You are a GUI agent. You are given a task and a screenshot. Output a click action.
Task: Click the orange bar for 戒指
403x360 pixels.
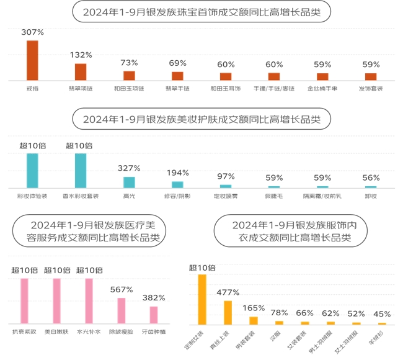(x=32, y=60)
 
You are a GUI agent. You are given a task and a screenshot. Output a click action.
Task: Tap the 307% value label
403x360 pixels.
(x=32, y=32)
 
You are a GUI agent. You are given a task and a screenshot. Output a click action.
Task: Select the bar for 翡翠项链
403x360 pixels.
(x=81, y=72)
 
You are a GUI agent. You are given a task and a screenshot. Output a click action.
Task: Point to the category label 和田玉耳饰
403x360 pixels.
(x=226, y=89)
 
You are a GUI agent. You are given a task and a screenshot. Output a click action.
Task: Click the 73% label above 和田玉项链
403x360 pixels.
(x=129, y=63)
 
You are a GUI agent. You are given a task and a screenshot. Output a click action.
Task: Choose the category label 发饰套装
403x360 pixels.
(x=371, y=89)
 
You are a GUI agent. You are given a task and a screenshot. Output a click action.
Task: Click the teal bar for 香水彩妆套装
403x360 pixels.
(x=81, y=171)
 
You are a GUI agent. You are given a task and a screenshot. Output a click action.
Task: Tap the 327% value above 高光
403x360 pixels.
(x=129, y=168)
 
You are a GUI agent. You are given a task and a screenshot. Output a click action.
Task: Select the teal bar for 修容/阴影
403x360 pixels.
(x=177, y=184)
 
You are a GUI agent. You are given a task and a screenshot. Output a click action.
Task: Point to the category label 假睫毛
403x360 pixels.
(x=274, y=196)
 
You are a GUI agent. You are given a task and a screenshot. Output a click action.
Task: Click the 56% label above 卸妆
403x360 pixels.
(x=371, y=177)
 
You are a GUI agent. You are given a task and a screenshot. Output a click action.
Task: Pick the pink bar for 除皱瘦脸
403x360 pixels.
(x=122, y=310)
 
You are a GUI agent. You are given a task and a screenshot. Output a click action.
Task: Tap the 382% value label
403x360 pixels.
(x=153, y=297)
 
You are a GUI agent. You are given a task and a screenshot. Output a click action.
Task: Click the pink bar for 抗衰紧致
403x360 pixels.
(x=25, y=300)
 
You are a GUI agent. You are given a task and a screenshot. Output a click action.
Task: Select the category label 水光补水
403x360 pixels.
(x=89, y=331)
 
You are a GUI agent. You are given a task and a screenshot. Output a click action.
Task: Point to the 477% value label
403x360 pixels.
(x=228, y=292)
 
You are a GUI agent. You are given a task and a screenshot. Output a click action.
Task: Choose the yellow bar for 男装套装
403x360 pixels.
(x=253, y=320)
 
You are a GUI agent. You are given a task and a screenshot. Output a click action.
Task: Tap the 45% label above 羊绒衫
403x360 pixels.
(x=382, y=313)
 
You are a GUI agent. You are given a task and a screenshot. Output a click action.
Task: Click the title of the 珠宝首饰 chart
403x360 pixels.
(x=201, y=11)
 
